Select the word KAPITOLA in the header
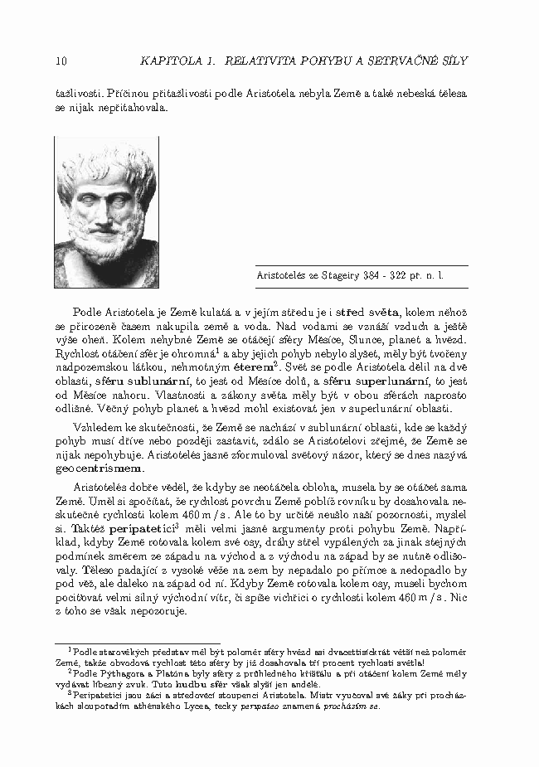[170, 61]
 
